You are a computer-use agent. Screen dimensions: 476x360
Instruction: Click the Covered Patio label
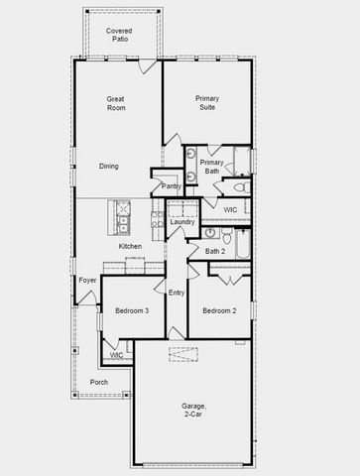(x=119, y=36)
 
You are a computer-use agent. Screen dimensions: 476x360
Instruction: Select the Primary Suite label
(x=207, y=103)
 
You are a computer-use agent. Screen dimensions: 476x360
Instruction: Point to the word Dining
(x=109, y=166)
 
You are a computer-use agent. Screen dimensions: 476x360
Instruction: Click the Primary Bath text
(x=211, y=167)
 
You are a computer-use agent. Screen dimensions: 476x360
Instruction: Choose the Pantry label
(x=171, y=185)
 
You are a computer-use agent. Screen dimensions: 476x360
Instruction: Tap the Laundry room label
(x=182, y=221)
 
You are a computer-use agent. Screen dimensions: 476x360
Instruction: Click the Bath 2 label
(x=216, y=251)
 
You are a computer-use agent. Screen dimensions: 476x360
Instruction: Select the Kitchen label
(x=130, y=246)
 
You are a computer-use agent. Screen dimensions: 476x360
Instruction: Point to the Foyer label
(x=87, y=281)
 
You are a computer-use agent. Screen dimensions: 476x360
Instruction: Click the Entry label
(x=177, y=293)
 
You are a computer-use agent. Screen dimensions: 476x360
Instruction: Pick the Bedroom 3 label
(x=132, y=311)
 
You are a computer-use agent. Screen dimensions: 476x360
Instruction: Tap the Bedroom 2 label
(x=219, y=311)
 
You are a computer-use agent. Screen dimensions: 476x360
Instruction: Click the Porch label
(x=99, y=382)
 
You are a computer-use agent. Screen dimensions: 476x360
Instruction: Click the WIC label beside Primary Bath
(x=229, y=210)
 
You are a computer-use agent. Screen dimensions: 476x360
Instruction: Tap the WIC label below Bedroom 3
(x=116, y=354)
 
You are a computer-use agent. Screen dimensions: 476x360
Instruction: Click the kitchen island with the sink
(x=122, y=215)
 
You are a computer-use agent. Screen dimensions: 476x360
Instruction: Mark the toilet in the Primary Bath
(x=238, y=187)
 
